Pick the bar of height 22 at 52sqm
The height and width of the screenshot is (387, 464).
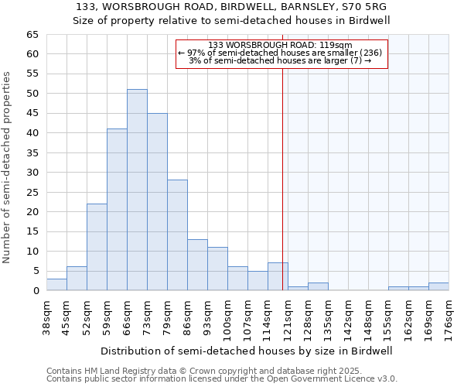tap(97, 247)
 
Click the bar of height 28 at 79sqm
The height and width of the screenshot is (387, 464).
tap(177, 235)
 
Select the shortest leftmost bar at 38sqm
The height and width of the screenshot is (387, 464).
tap(56, 285)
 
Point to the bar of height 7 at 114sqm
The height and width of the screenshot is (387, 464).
tap(278, 277)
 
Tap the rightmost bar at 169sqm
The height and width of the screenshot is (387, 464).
tap(438, 287)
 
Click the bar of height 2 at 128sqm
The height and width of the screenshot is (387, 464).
tap(318, 287)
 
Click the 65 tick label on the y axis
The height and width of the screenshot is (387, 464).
tap(32, 35)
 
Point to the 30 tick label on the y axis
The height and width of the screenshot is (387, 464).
tap(32, 173)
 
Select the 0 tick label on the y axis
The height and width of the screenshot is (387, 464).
tap(35, 291)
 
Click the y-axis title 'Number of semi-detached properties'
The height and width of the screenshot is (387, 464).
tap(8, 167)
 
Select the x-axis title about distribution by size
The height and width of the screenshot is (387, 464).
tap(247, 351)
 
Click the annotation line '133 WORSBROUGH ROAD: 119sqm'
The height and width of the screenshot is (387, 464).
tap(281, 45)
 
